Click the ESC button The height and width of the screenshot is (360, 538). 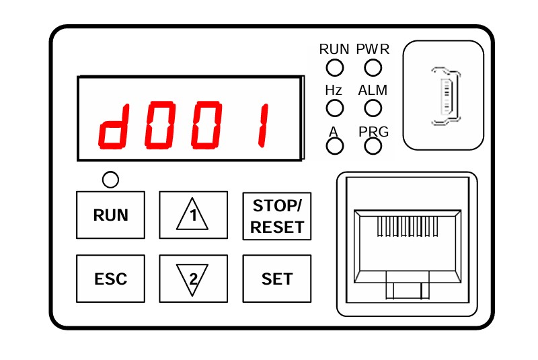click(x=110, y=279)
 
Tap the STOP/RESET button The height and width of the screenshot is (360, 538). click(x=277, y=216)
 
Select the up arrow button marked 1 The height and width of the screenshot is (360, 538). click(x=194, y=215)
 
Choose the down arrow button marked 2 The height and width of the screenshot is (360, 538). click(x=194, y=279)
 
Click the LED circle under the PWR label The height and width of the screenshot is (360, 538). click(x=373, y=67)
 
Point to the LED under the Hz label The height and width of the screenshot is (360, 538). click(x=334, y=108)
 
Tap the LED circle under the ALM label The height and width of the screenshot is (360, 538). click(x=373, y=108)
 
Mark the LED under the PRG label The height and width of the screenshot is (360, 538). click(x=373, y=146)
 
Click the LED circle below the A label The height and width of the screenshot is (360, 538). click(x=334, y=146)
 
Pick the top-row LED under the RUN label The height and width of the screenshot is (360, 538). click(x=334, y=67)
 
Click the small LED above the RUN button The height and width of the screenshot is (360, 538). click(x=110, y=180)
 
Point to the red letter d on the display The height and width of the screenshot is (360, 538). click(x=114, y=126)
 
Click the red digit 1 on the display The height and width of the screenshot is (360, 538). click(x=263, y=125)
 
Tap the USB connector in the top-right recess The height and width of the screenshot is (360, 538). click(x=446, y=96)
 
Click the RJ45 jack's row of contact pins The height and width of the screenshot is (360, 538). click(x=408, y=226)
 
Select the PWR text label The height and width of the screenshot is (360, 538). click(x=373, y=49)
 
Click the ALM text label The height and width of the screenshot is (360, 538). click(x=373, y=90)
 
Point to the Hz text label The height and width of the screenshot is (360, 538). click(x=334, y=90)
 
